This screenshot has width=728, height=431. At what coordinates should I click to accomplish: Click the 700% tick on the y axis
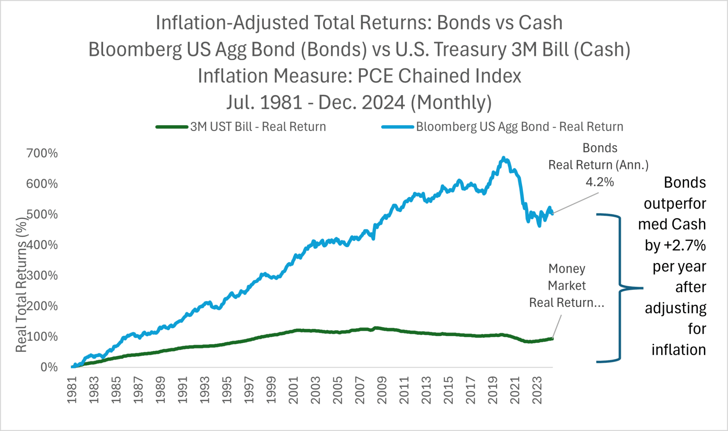[42, 153]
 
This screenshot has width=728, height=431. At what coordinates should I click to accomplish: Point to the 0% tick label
[49, 367]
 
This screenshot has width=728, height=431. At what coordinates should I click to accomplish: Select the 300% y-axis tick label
[42, 275]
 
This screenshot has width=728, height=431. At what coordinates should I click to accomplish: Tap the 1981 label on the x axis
[72, 390]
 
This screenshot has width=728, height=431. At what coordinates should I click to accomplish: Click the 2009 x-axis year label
[382, 390]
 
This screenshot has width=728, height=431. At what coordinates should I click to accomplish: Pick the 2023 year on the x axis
[537, 390]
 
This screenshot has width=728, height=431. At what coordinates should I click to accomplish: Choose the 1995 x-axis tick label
[227, 390]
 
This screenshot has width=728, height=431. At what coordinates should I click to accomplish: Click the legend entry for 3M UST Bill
[241, 127]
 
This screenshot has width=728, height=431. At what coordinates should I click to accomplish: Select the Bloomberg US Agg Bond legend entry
[503, 127]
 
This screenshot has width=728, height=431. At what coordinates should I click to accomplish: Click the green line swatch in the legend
[172, 127]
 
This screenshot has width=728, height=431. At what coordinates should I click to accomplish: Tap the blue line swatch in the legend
[398, 127]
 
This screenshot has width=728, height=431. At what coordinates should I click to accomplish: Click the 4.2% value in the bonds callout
[600, 182]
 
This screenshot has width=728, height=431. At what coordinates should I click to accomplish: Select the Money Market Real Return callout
[567, 285]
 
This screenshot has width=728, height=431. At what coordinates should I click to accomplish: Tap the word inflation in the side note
[679, 350]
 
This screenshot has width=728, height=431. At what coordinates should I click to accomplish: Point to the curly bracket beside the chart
[620, 288]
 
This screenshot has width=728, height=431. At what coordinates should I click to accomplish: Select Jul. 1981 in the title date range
[264, 103]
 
